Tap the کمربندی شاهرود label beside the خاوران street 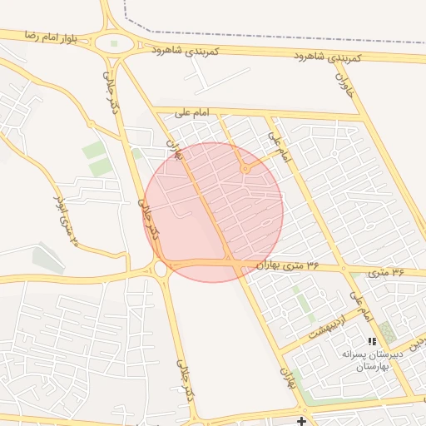328,57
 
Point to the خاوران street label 344,83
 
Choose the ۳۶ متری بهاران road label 288,265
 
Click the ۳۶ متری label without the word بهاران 387,271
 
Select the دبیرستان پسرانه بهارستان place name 373,360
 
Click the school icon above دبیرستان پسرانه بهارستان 372,341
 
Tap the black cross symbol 301,422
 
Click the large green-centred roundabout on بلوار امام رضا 114,43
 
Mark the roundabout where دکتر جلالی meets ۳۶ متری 160,268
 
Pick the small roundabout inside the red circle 245,170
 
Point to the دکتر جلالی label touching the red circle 146,218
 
